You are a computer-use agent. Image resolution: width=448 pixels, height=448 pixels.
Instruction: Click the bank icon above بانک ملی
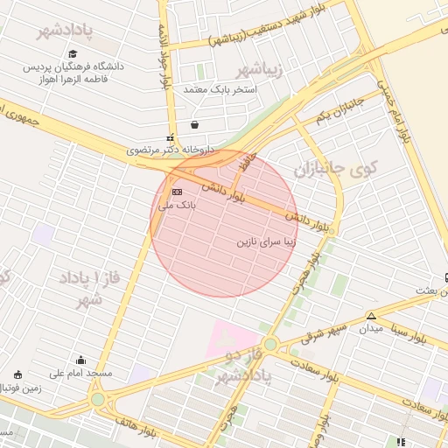178,192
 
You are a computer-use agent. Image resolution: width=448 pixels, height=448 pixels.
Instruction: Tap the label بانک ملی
178,206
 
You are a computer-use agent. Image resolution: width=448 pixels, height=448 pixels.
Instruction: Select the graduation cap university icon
73,53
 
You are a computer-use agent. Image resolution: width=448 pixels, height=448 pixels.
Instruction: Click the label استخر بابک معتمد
220,89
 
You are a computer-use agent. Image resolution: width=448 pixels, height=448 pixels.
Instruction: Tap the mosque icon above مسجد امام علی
81,360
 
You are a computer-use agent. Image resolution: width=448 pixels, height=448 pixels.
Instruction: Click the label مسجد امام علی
81,374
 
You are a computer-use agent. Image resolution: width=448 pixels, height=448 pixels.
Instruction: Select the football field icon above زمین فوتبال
17,374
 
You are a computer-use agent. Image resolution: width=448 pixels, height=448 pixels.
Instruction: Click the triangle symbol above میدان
372,315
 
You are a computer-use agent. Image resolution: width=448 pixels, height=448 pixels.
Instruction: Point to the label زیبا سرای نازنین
268,241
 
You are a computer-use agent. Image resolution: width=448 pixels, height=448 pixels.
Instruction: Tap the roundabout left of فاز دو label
271,345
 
